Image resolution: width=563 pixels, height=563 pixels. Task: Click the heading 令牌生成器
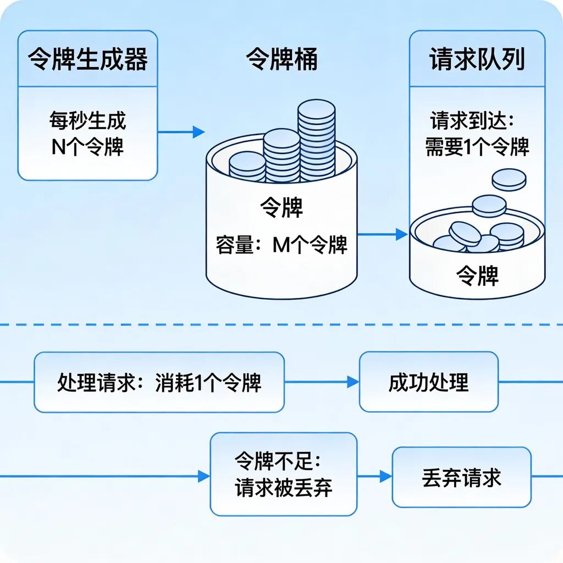(88, 59)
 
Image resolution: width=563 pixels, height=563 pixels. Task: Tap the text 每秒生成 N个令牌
(88, 134)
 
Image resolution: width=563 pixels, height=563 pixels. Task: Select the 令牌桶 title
(281, 59)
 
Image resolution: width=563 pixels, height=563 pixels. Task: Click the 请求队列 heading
(477, 59)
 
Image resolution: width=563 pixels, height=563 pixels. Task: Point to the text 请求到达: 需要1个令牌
(477, 134)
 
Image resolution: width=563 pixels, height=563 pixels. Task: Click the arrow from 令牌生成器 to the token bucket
(181, 132)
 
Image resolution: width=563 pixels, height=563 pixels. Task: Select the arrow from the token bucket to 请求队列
(382, 235)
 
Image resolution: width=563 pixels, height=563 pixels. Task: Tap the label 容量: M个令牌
(281, 245)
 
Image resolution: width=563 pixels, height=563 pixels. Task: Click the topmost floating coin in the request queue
(509, 179)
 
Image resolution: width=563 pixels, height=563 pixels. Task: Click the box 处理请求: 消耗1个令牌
(159, 382)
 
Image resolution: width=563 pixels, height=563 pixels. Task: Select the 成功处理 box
(428, 382)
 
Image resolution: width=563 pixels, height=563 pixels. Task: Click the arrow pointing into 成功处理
(322, 382)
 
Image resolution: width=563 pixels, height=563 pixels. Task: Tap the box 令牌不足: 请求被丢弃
(283, 473)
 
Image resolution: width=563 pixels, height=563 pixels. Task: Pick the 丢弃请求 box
(461, 477)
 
